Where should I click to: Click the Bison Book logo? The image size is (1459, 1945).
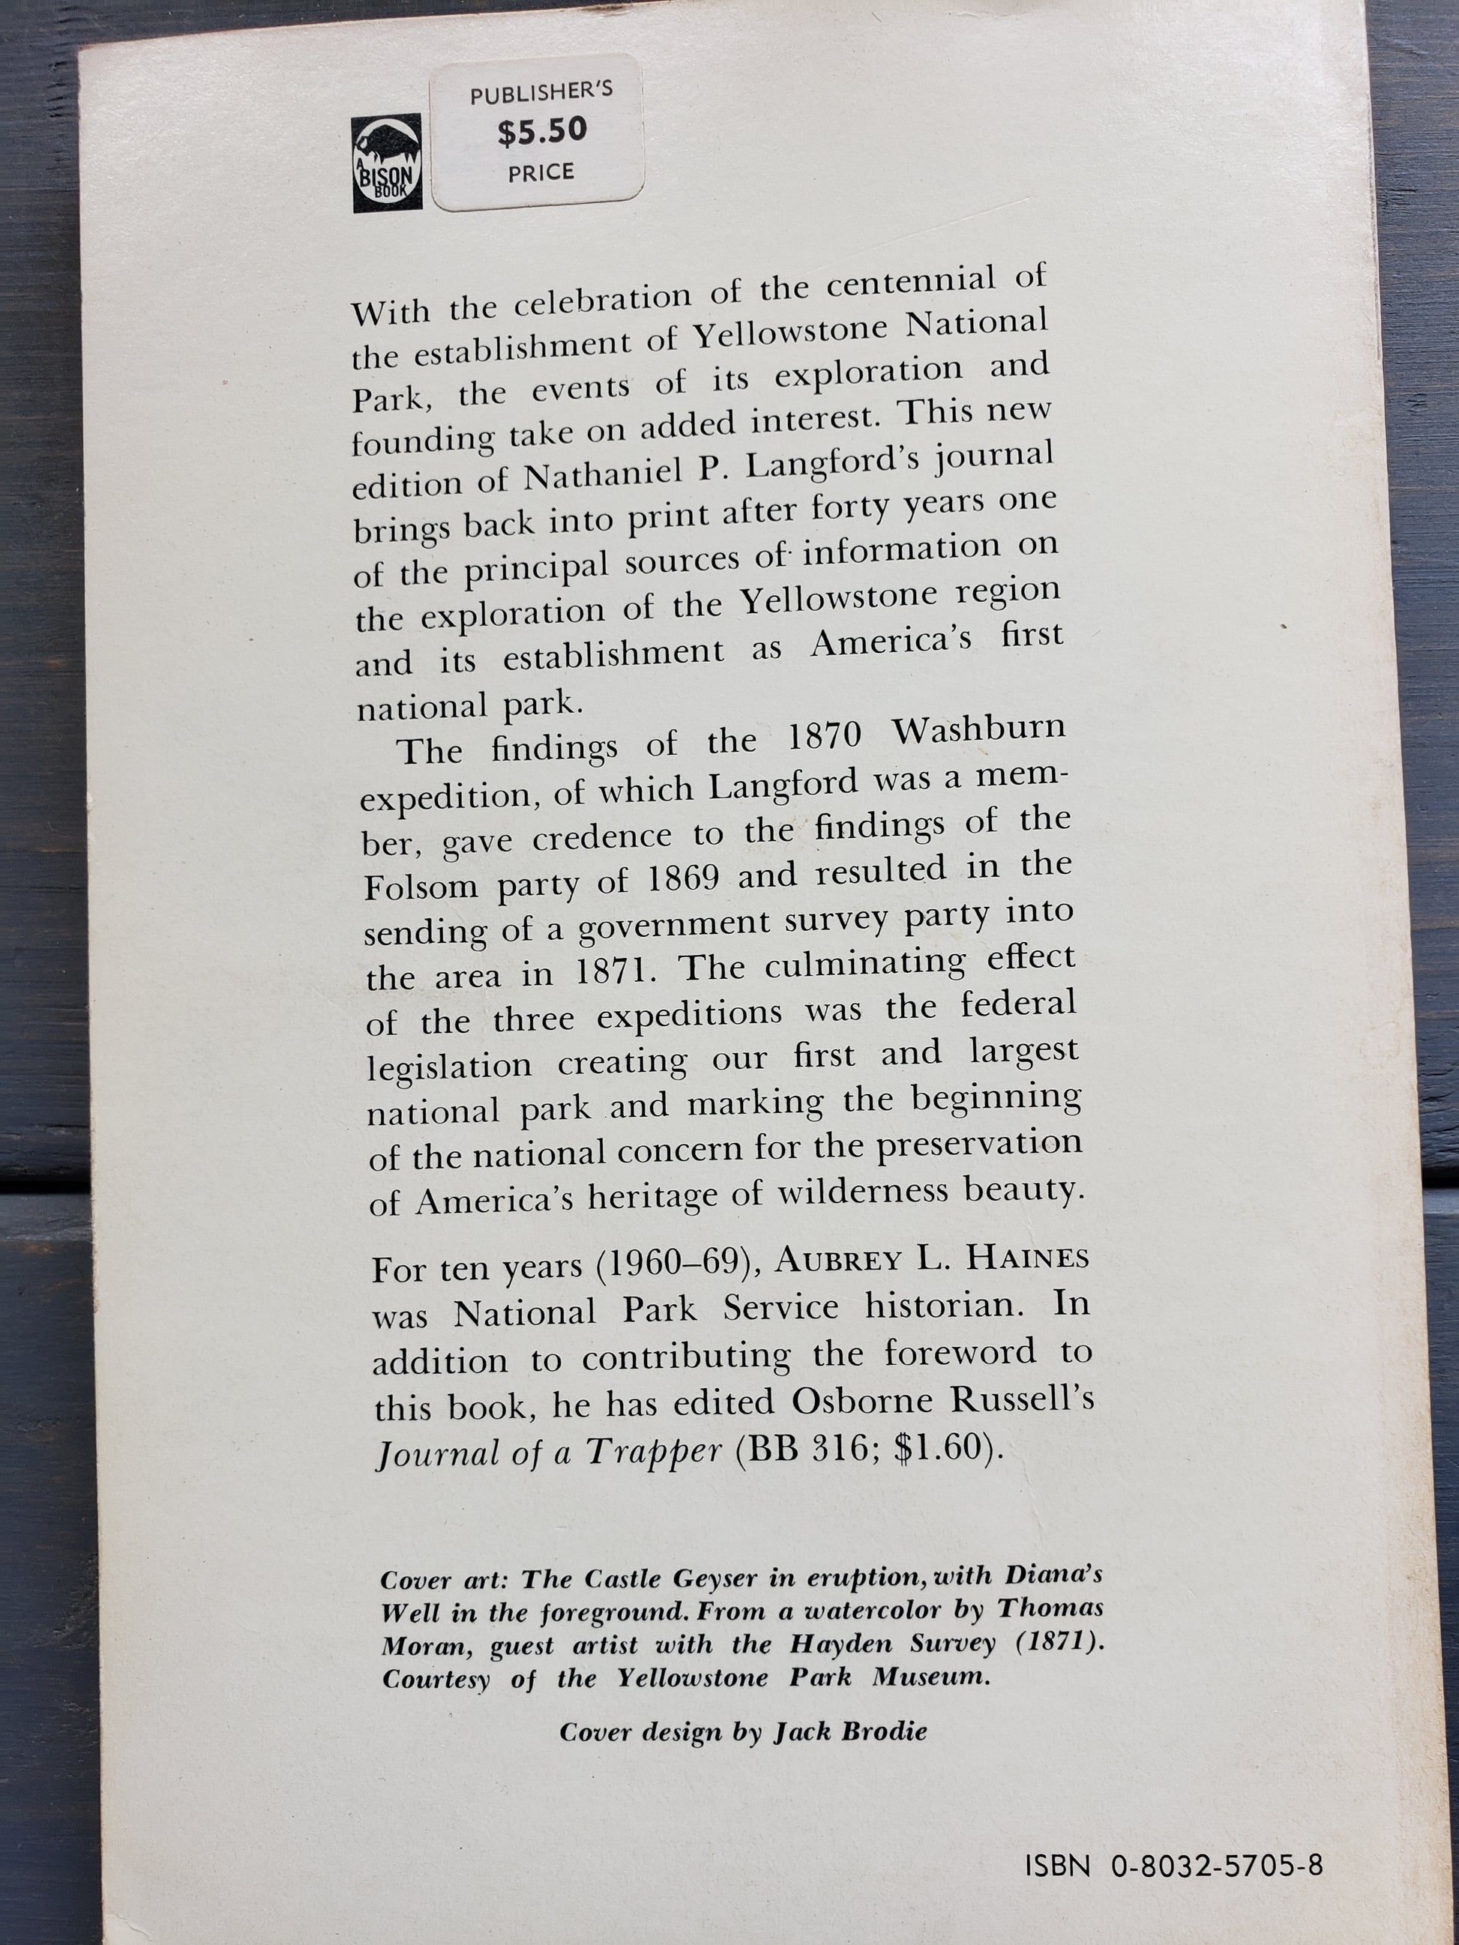click(x=388, y=163)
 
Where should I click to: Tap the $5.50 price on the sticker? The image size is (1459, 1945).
click(x=541, y=131)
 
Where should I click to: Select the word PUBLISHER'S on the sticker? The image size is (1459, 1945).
click(x=541, y=91)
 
